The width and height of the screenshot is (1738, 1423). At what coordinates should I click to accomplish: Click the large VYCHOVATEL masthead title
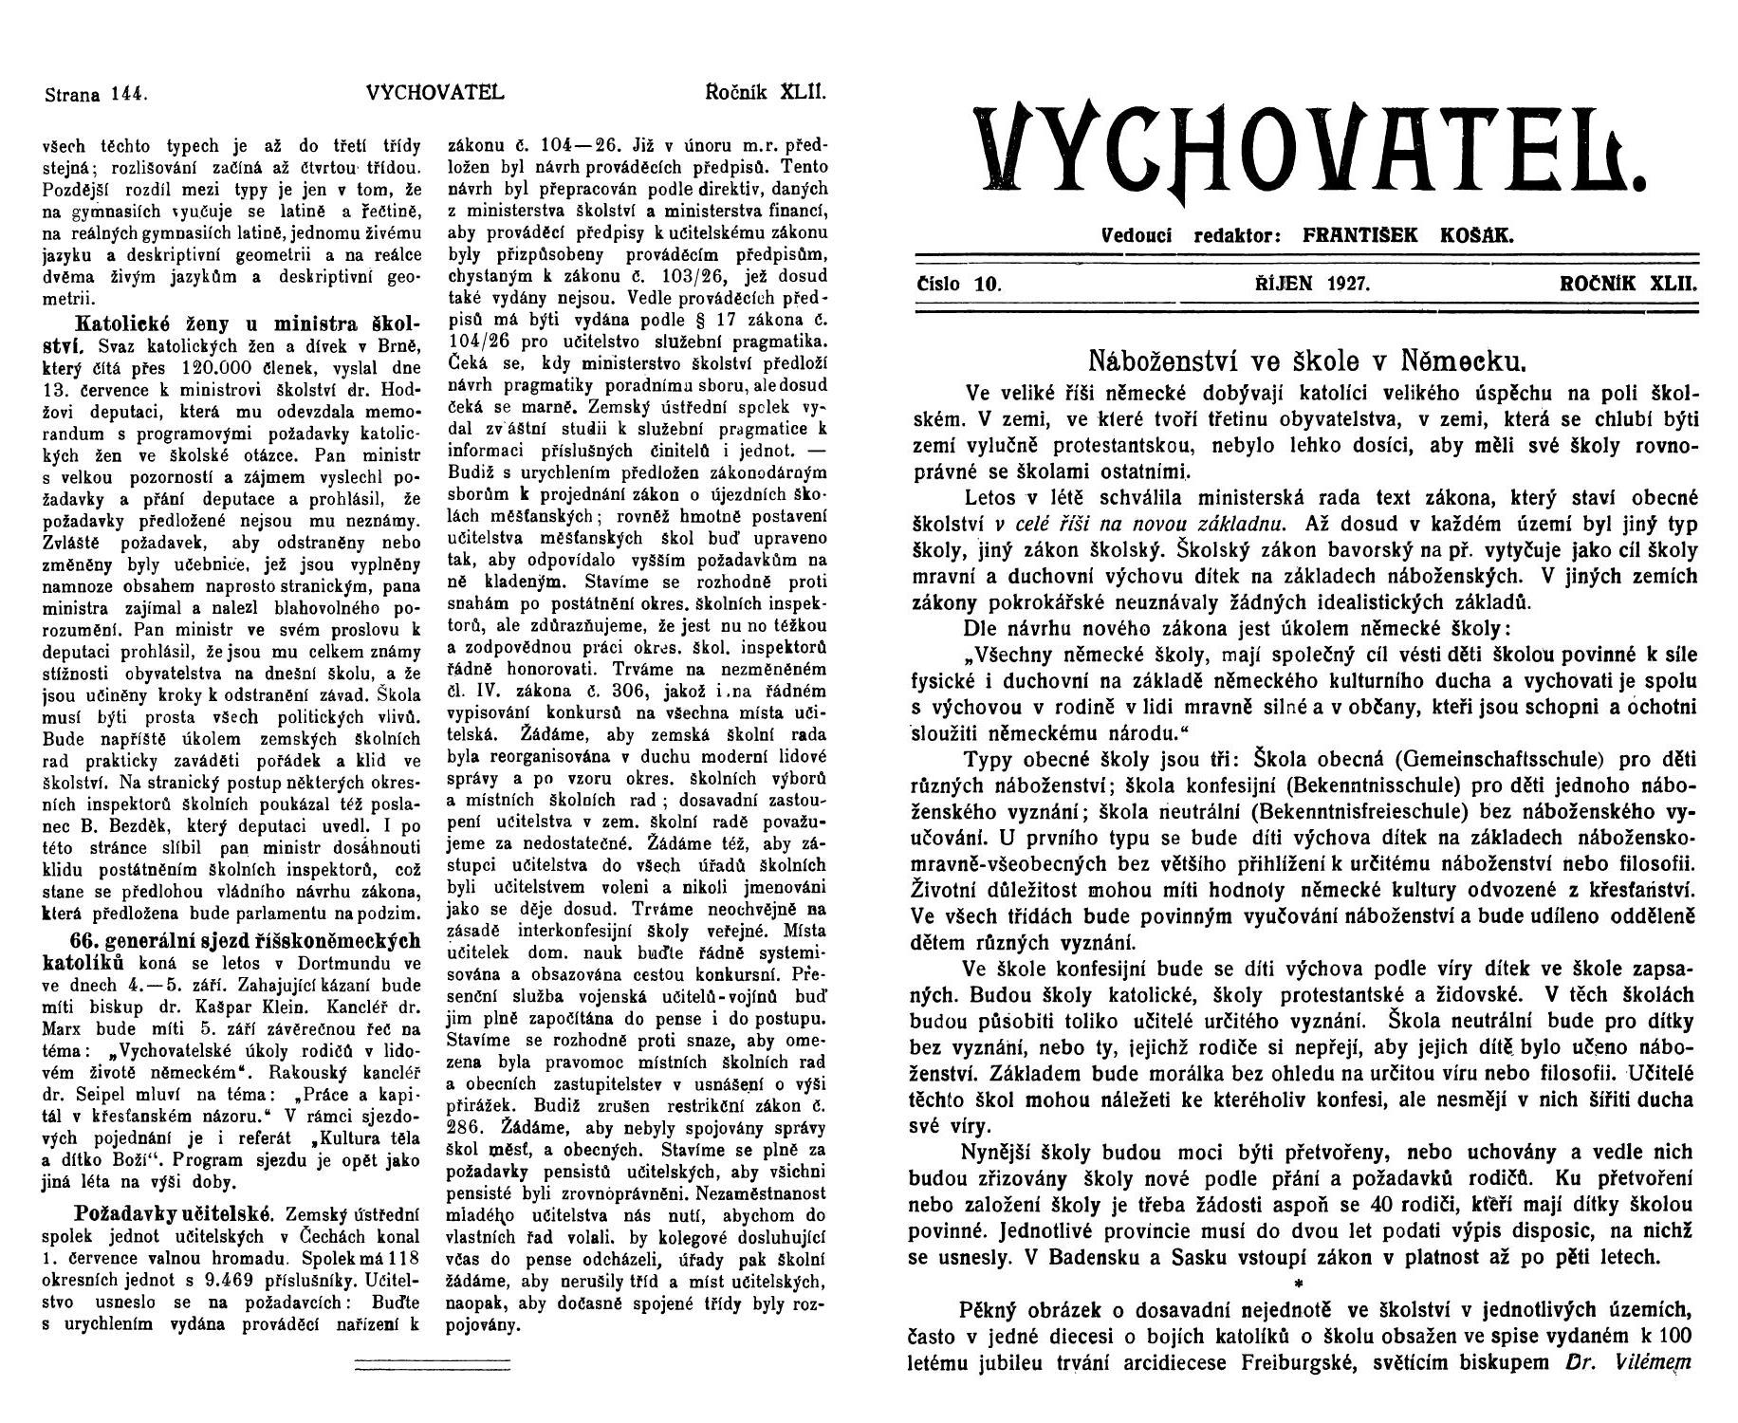click(1314, 151)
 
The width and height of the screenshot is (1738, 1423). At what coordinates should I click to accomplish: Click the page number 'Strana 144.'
click(93, 94)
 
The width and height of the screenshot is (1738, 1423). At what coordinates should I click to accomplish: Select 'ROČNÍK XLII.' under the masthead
click(1628, 283)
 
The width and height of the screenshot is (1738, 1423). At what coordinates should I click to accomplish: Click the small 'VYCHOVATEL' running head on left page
click(434, 94)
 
